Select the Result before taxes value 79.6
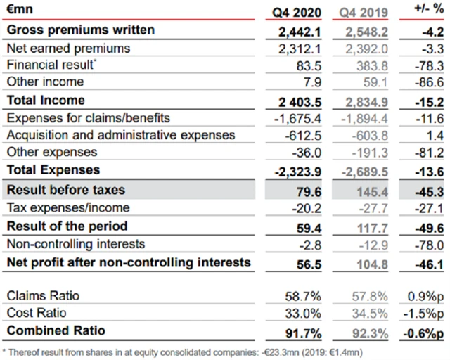307,191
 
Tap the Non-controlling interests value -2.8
309,244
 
